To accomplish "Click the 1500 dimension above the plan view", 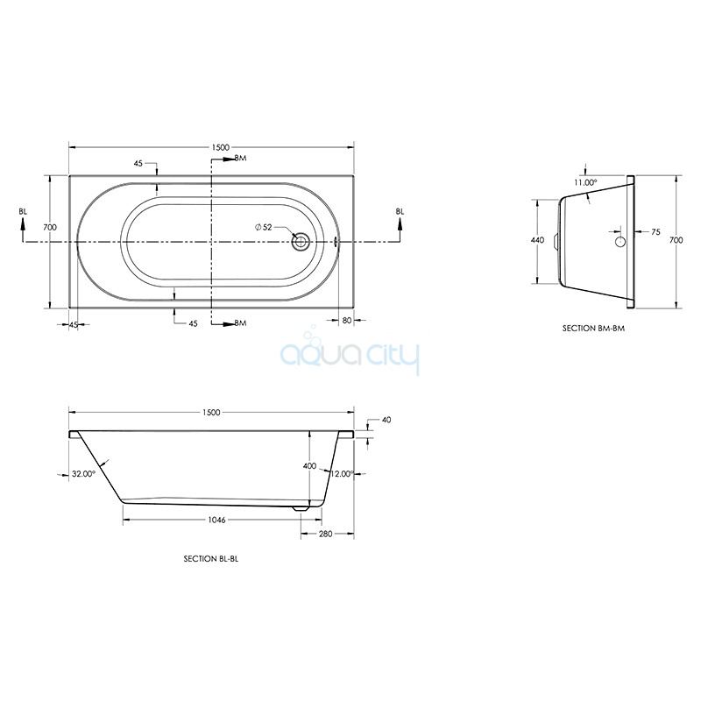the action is click(220, 147).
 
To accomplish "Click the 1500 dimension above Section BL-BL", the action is click(211, 412).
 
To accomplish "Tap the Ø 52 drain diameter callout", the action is click(264, 227).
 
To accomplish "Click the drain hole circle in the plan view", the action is click(301, 242).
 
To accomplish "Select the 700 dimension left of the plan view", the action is click(50, 227).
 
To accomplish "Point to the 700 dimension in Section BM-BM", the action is click(676, 240).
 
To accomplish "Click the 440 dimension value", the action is click(537, 240).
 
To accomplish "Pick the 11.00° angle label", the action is click(585, 182).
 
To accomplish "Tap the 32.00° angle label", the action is click(84, 474).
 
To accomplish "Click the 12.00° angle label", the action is click(342, 474).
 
